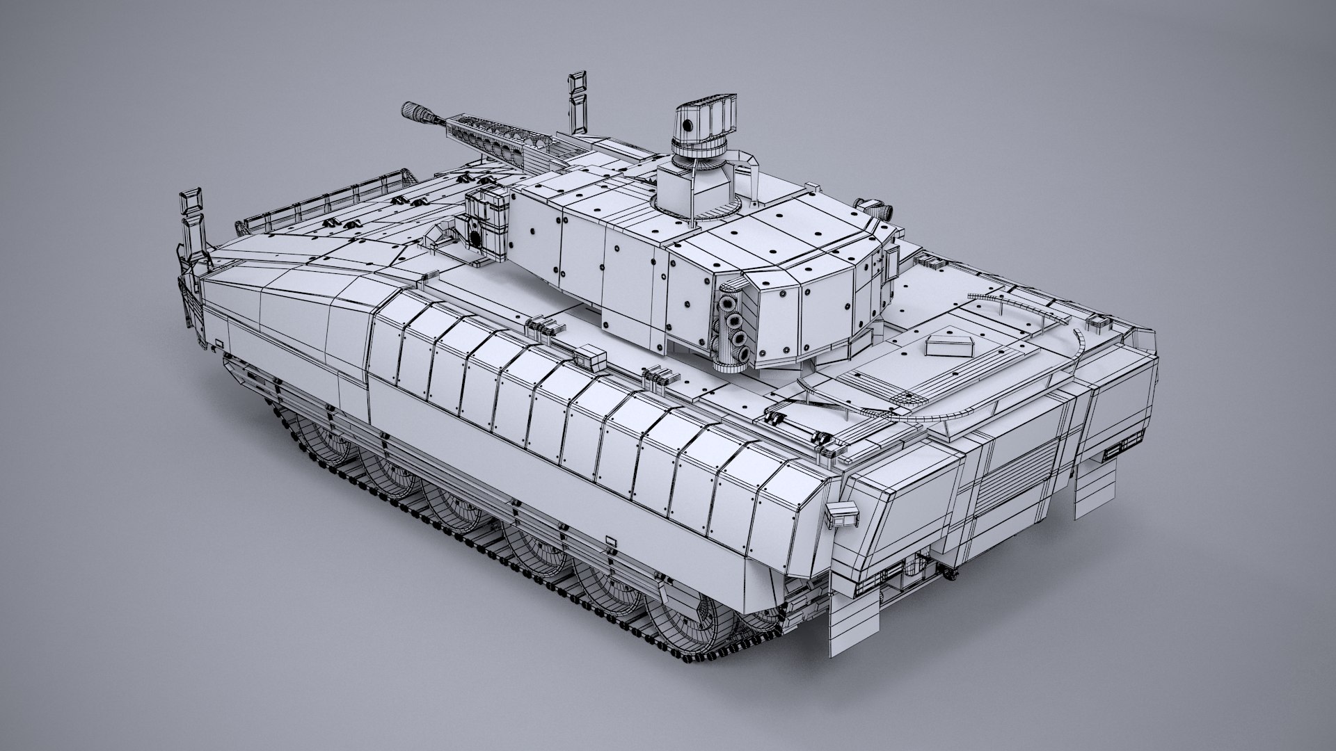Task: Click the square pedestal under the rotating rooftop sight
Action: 679,183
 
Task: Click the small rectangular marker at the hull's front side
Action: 218,343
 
